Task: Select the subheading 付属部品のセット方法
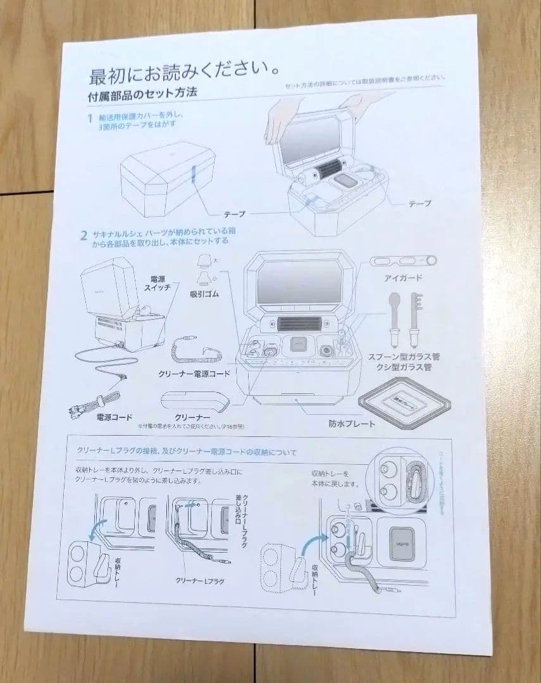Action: (142, 95)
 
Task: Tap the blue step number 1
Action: (90, 118)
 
